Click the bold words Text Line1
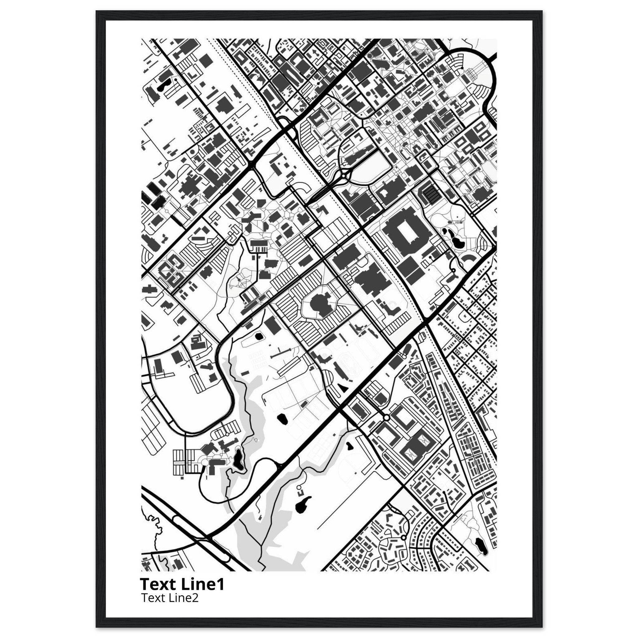point(182,584)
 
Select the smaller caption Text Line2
point(170,598)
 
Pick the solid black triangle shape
point(342,387)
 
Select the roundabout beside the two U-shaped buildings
point(386,418)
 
